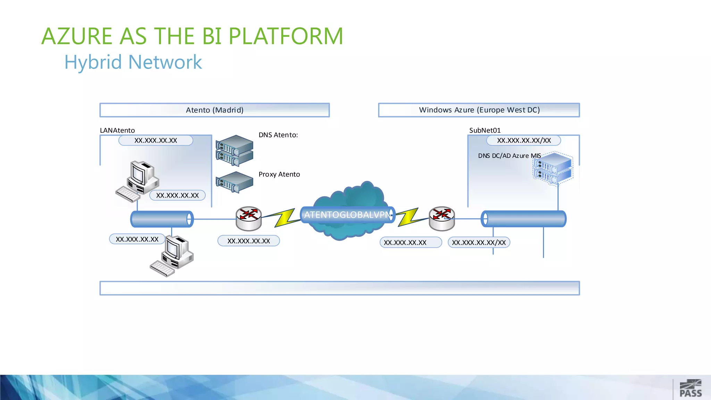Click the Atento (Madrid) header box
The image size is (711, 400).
coord(215,110)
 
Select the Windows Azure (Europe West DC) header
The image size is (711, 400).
coord(479,110)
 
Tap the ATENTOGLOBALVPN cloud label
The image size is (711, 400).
coord(347,215)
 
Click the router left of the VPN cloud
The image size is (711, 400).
coord(249,218)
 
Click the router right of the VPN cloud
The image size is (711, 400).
coord(442,218)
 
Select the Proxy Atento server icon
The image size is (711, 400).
coord(234,182)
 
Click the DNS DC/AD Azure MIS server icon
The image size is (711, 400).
coord(553,169)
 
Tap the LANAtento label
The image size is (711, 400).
coord(117,130)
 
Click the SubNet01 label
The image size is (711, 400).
coord(485,130)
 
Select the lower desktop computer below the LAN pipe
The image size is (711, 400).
coord(172,256)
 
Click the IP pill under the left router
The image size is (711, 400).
coord(249,241)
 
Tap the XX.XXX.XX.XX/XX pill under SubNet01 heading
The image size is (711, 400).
coord(524,140)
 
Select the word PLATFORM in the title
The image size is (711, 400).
coord(286,36)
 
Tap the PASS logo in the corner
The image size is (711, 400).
coord(691,389)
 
